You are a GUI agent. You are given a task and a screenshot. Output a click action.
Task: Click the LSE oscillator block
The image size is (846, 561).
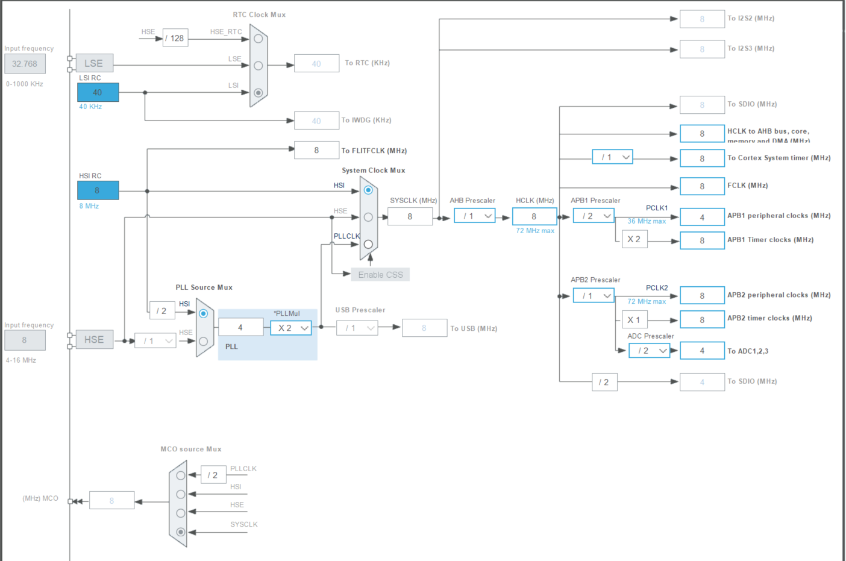tap(94, 63)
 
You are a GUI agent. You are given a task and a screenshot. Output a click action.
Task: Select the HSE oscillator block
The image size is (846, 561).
tap(94, 340)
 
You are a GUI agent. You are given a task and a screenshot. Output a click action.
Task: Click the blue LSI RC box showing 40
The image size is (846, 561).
tap(98, 92)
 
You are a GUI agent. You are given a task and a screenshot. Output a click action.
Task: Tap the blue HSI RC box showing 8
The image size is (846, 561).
tap(98, 190)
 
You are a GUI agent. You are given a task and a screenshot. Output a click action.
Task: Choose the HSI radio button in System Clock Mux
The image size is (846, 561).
tap(368, 190)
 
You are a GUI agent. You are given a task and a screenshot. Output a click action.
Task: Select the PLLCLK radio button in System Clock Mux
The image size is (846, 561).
tap(368, 244)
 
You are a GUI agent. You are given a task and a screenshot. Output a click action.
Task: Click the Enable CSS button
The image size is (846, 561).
tap(380, 275)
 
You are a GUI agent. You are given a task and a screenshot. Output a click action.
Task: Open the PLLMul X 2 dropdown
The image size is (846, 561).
tap(291, 328)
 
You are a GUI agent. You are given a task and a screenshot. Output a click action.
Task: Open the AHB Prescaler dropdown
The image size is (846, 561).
tap(475, 216)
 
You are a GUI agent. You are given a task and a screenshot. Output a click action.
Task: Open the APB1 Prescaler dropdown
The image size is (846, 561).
tap(594, 216)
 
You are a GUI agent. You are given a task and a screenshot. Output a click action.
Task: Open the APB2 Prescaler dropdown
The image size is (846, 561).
tap(594, 295)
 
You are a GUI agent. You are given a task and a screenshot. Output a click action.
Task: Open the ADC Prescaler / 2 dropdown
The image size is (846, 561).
tap(649, 351)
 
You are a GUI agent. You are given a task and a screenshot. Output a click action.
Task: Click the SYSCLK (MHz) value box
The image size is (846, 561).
tap(410, 216)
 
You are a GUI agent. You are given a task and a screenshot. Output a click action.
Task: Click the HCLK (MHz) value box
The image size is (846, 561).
tap(534, 216)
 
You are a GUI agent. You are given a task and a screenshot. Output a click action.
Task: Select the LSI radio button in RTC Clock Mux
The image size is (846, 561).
tap(258, 93)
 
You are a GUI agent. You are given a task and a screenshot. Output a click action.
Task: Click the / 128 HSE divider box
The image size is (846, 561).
tap(175, 38)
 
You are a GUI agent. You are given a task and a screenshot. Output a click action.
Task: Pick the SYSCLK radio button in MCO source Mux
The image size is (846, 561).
tap(181, 532)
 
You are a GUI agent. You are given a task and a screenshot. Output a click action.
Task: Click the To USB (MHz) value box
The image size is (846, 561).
tap(424, 328)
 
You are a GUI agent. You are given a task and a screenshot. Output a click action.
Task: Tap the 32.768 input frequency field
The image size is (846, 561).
tap(25, 64)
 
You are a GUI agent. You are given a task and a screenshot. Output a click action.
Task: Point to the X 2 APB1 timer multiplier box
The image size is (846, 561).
tap(634, 239)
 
